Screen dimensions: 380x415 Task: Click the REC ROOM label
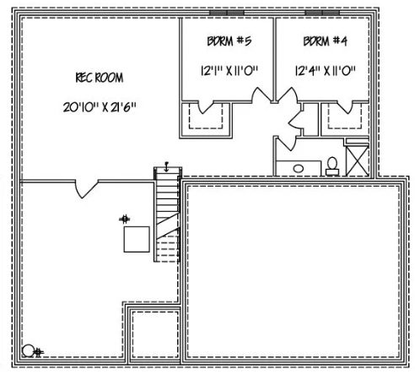tap(99, 78)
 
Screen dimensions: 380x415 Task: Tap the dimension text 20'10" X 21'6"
tap(99, 107)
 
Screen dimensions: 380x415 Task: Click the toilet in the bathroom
tap(332, 164)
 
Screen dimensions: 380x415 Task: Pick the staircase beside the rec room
tap(167, 215)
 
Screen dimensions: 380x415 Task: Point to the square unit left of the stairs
tap(137, 240)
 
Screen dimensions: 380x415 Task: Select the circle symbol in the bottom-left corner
tap(29, 349)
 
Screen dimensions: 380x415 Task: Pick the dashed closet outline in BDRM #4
tap(344, 117)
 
